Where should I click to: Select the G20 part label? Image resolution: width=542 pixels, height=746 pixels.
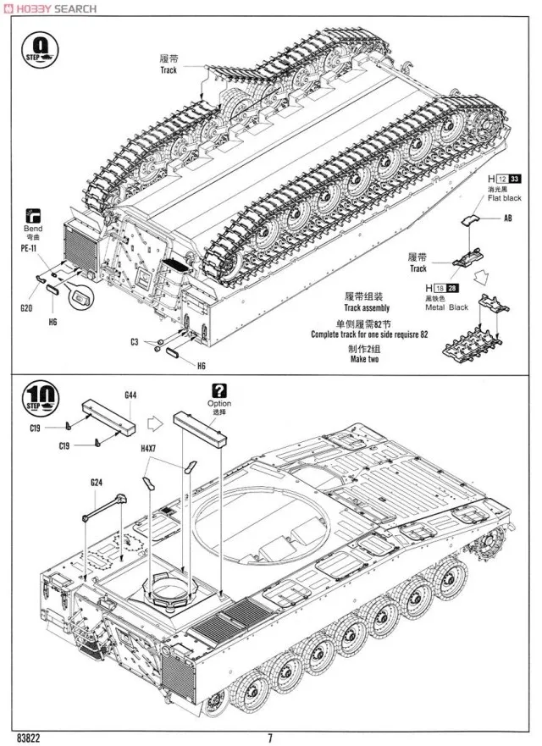tap(26, 309)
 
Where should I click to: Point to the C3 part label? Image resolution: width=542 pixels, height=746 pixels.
tap(134, 341)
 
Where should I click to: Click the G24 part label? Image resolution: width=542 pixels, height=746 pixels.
tap(97, 483)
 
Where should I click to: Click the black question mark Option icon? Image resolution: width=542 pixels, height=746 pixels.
tap(219, 390)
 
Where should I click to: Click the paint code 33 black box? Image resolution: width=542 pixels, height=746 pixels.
tap(515, 179)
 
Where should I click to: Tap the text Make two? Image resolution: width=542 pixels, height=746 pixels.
tap(364, 359)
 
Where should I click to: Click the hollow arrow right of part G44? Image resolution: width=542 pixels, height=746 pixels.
tap(154, 418)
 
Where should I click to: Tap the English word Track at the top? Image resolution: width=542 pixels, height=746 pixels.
tap(169, 70)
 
